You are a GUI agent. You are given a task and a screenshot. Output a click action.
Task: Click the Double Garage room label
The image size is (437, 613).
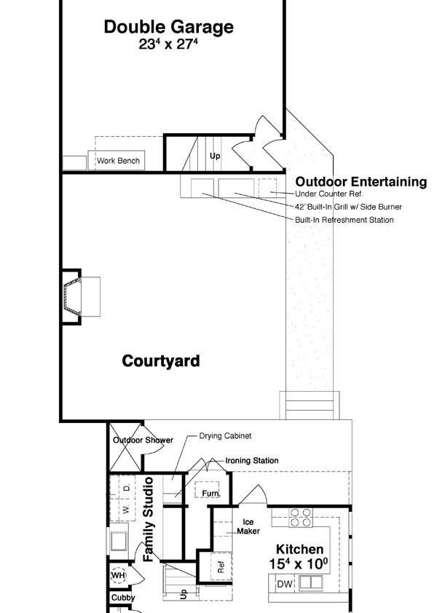[x=168, y=28]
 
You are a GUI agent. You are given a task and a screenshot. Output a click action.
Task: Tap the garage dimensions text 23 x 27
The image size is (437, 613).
[x=168, y=44]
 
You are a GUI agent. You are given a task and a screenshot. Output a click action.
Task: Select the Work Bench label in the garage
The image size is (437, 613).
[x=118, y=161]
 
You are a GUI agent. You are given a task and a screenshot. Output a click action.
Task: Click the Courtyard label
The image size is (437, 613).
[x=160, y=361]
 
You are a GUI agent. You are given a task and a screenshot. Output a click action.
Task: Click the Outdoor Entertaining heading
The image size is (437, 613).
[x=361, y=182]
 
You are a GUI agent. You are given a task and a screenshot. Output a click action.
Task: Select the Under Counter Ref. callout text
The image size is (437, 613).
[x=328, y=194]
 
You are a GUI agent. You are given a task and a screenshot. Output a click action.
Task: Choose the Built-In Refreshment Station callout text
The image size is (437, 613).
[x=344, y=220]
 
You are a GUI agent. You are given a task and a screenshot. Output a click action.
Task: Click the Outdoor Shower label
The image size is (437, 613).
[x=143, y=440]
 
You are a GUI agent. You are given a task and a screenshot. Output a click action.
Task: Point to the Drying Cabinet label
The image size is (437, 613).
[x=225, y=436]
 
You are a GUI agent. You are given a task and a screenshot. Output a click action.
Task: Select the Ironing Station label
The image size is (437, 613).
[x=251, y=461]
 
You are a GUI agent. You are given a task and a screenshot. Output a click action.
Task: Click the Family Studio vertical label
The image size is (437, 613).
[x=149, y=518]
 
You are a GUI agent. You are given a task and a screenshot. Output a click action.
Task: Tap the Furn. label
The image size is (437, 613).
[x=210, y=494]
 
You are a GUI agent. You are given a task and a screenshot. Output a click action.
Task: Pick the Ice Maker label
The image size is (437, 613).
[x=247, y=526]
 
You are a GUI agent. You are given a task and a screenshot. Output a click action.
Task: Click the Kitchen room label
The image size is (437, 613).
[x=299, y=550]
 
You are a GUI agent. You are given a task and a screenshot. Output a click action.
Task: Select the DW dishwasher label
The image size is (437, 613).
[x=284, y=584]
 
